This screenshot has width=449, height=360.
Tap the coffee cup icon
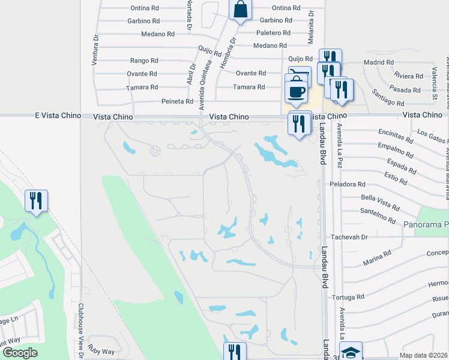295,91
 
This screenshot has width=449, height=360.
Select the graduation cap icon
351,352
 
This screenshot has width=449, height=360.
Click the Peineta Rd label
177,101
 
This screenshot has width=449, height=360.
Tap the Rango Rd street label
144,61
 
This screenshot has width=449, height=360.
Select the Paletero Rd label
273,33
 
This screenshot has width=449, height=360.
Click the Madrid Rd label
378,62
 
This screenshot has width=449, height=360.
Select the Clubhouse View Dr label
81,330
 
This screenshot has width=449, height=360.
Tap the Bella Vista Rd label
380,202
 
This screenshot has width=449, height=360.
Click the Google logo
20,353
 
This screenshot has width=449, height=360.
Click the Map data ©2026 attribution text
424,355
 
